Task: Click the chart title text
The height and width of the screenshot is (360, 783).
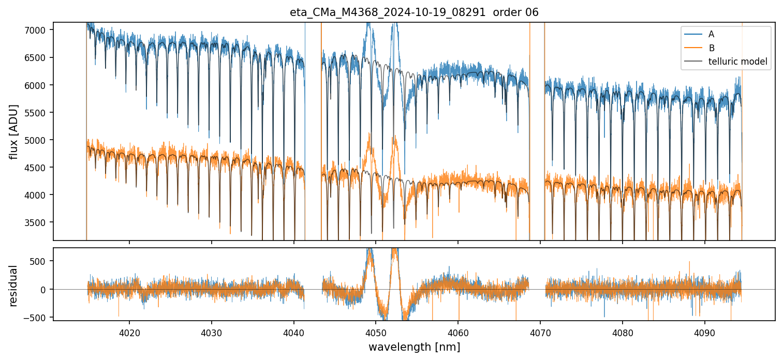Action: (x=414, y=12)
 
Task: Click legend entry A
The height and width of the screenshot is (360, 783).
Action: (x=711, y=34)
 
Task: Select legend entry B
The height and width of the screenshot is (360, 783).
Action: (x=711, y=48)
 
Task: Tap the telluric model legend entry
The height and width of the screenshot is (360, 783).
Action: (x=737, y=62)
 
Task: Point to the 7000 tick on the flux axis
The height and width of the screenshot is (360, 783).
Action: (x=38, y=30)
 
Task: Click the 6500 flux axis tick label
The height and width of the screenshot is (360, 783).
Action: (x=38, y=57)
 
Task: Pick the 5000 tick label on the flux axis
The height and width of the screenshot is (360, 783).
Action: (x=38, y=140)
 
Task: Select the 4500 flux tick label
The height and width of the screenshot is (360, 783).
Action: (x=38, y=168)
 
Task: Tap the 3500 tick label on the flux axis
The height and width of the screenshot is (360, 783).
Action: (x=38, y=222)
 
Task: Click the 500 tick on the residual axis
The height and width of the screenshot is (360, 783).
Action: (x=41, y=261)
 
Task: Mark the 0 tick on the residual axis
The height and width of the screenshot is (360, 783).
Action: (x=46, y=289)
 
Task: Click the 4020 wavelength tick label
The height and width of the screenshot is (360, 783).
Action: (x=129, y=332)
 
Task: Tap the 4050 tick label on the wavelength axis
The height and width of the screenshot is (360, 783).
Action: (x=376, y=332)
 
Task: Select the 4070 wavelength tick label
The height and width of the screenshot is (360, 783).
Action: (x=540, y=332)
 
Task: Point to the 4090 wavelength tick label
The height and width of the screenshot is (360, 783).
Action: (x=705, y=332)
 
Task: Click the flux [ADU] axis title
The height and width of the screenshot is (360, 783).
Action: (x=14, y=131)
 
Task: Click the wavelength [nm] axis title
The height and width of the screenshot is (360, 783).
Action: (x=414, y=347)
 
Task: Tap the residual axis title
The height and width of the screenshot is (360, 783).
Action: (x=14, y=286)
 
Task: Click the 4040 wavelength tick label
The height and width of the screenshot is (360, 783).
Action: (x=293, y=332)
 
